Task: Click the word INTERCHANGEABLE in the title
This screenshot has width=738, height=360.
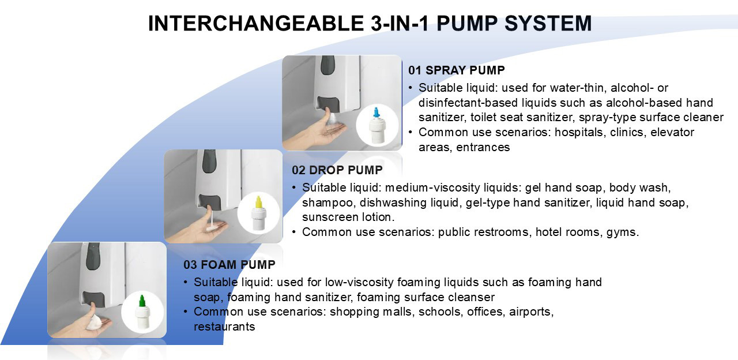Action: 256,24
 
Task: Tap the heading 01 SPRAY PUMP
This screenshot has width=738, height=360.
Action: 456,70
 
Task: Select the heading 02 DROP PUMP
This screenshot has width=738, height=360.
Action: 337,170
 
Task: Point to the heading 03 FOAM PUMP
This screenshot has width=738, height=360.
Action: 229,265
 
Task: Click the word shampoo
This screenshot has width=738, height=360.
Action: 327,202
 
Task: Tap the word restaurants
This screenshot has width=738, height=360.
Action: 224,327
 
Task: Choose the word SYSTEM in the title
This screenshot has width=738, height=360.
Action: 548,24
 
